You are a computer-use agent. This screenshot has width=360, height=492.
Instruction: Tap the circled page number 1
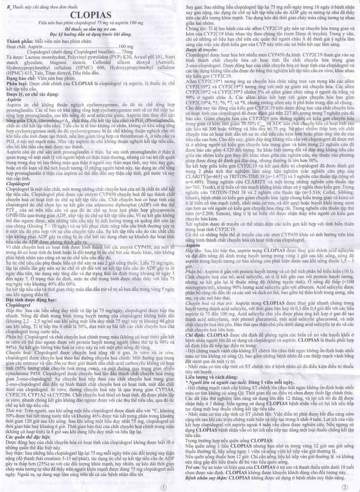tap(163, 487)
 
